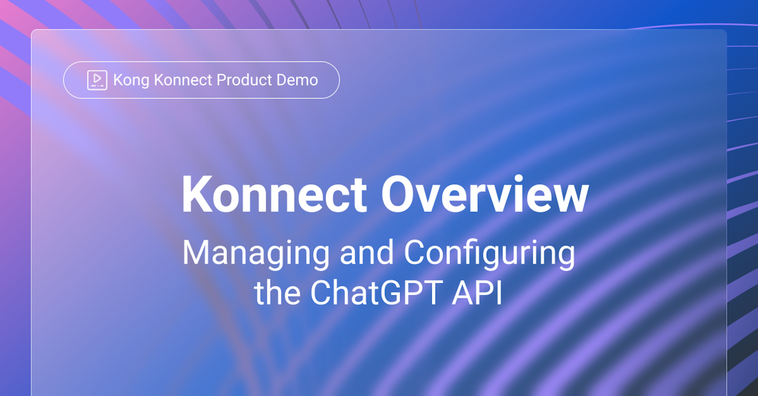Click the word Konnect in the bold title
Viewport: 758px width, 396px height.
(274, 194)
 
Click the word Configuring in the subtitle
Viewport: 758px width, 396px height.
(489, 254)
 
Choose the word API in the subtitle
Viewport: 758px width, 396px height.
(477, 292)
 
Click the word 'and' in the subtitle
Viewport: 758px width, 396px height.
(367, 252)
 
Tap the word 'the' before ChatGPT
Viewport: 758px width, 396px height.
(277, 292)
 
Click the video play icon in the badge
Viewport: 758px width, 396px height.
(97, 80)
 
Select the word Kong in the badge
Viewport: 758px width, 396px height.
(131, 80)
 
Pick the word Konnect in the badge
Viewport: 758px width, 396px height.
(183, 80)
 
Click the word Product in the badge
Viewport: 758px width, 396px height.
(244, 80)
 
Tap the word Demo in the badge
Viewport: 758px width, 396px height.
(297, 80)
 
